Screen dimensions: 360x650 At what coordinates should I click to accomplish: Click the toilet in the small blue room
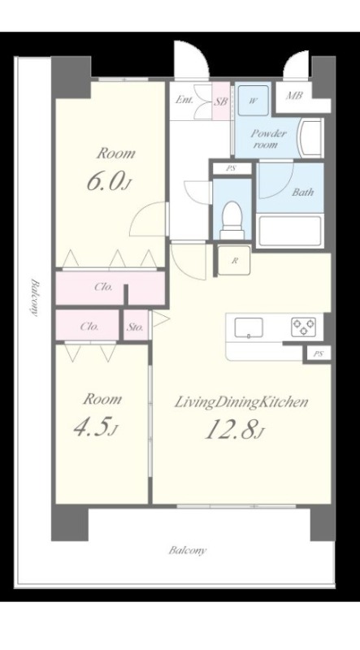tap(232, 220)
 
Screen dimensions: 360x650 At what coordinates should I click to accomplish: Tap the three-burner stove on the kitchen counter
tap(303, 327)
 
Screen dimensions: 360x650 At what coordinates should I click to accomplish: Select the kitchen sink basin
tap(249, 327)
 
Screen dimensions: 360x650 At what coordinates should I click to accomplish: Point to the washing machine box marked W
tap(253, 101)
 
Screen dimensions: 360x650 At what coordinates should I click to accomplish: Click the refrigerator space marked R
tap(234, 260)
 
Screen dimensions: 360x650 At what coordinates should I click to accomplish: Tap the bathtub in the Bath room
tap(289, 231)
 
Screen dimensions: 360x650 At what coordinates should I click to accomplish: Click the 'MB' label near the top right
tap(294, 95)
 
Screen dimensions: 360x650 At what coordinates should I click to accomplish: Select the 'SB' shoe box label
tap(221, 101)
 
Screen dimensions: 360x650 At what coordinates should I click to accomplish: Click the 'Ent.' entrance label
tap(184, 100)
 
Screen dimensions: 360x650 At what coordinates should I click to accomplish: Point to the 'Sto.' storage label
tap(135, 327)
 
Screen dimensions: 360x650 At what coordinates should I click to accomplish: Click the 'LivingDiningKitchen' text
tap(241, 401)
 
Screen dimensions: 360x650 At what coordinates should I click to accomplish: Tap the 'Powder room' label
tap(268, 139)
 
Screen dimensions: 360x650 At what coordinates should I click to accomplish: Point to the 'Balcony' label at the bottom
tap(188, 551)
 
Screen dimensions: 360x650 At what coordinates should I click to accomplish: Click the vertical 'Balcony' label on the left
tap(35, 297)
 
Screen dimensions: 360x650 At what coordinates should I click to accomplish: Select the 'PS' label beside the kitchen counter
tap(318, 354)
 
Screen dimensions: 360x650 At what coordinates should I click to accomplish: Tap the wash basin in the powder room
tap(311, 137)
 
